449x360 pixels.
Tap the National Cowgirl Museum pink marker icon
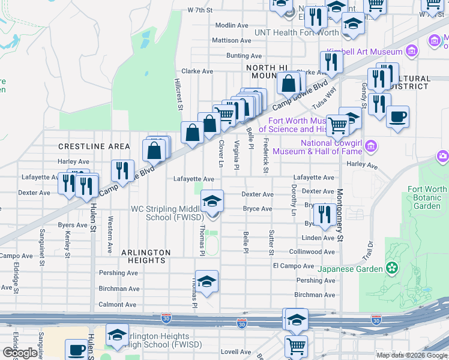point(371,146)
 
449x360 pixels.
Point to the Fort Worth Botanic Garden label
point(427,197)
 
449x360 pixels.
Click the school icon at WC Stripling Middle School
point(211,202)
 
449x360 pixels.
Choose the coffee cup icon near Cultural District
point(397,117)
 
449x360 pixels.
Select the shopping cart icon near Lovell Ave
point(296,346)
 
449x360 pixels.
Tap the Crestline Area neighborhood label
point(94,146)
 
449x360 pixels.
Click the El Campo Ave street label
point(294,266)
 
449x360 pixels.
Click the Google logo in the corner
point(20,353)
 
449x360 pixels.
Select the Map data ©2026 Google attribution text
point(411,355)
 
